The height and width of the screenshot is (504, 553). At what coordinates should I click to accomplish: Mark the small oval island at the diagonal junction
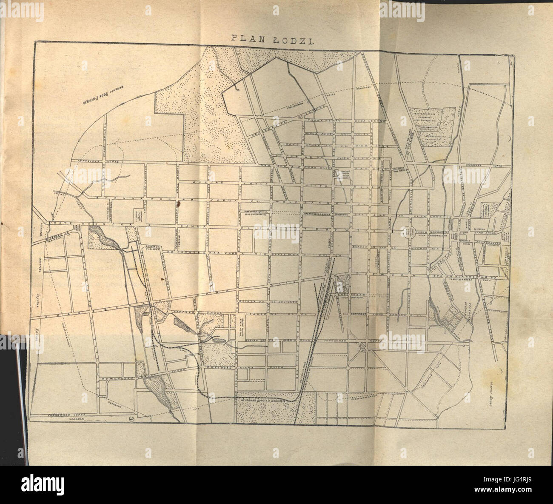click(x=362, y=346)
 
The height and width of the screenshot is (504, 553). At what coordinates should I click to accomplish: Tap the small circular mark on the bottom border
click(x=131, y=419)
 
